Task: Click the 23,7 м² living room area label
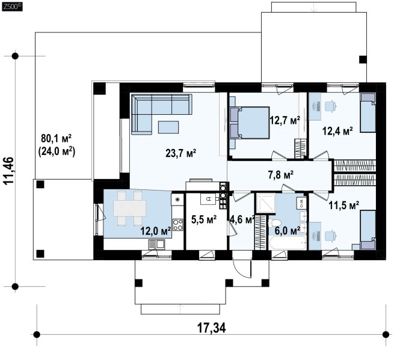pyautogui.click(x=180, y=153)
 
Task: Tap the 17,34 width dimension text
pyautogui.click(x=211, y=328)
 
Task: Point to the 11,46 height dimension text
pyautogui.click(x=9, y=171)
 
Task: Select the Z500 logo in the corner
pyautogui.click(x=12, y=7)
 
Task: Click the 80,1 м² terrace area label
pyautogui.click(x=57, y=138)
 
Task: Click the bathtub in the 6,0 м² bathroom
pyautogui.click(x=287, y=243)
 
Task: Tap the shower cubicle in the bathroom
pyautogui.click(x=265, y=203)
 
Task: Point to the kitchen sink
pyautogui.click(x=156, y=244)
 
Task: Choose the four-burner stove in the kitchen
pyautogui.click(x=178, y=224)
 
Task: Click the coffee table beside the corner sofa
pyautogui.click(x=168, y=127)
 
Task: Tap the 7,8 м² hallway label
pyautogui.click(x=281, y=175)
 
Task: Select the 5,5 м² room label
pyautogui.click(x=204, y=219)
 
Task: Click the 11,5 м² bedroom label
pyautogui.click(x=343, y=205)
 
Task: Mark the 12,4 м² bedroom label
pyautogui.click(x=337, y=131)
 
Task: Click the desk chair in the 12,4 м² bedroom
pyautogui.click(x=330, y=106)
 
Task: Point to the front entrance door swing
pyautogui.click(x=242, y=267)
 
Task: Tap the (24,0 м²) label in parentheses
pyautogui.click(x=57, y=151)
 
